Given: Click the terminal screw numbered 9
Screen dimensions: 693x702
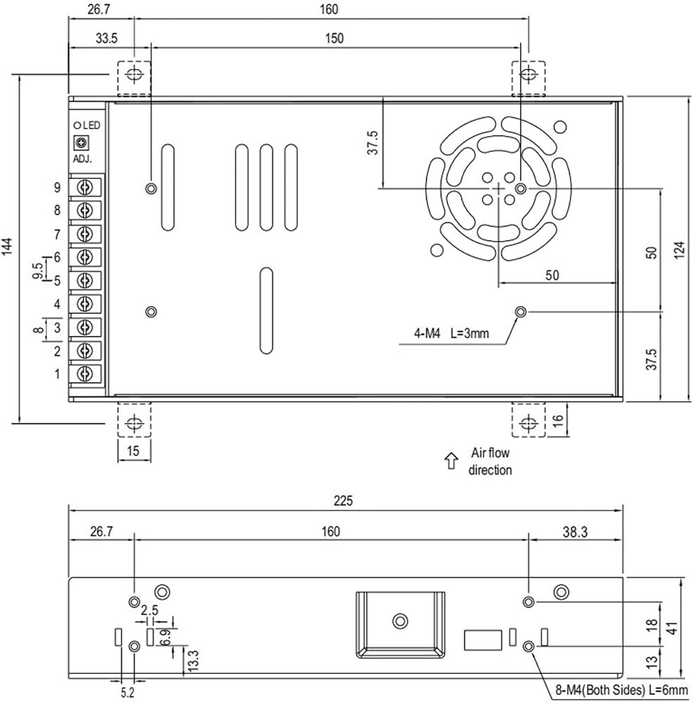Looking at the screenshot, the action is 85,187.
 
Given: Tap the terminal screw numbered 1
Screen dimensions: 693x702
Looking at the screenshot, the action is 85,373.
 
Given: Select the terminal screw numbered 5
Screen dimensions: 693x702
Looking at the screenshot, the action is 85,280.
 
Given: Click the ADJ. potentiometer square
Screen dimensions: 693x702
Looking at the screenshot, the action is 81,143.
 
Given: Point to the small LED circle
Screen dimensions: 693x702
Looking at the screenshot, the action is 77,126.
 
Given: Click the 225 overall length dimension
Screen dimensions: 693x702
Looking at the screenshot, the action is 343,501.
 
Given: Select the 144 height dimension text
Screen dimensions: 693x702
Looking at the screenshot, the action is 8,247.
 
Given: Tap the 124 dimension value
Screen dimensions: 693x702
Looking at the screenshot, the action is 679,250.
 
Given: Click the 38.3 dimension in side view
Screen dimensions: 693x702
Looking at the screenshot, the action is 575,532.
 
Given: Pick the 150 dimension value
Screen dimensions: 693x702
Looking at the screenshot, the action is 334,39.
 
